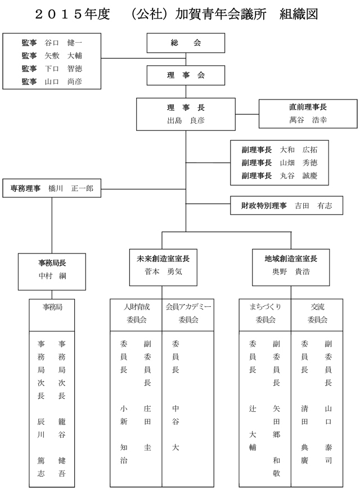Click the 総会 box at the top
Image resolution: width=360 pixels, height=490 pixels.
click(185, 43)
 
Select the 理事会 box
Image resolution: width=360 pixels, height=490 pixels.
click(185, 75)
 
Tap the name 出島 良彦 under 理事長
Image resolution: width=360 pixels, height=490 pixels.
click(185, 120)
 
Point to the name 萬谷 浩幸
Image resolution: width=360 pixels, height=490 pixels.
click(308, 120)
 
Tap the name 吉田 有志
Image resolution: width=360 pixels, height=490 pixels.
click(313, 206)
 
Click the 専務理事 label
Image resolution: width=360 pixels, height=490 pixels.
click(25, 189)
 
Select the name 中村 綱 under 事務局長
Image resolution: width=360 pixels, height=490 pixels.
click(52, 276)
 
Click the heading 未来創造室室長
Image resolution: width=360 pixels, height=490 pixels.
click(163, 259)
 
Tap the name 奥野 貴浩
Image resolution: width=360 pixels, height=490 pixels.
click(291, 271)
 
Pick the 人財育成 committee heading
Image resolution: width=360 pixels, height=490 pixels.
click(136, 307)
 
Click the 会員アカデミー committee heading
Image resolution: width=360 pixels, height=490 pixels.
click(188, 307)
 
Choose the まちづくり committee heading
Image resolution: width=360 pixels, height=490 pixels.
click(265, 307)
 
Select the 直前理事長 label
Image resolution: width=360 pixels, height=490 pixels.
click(308, 107)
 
